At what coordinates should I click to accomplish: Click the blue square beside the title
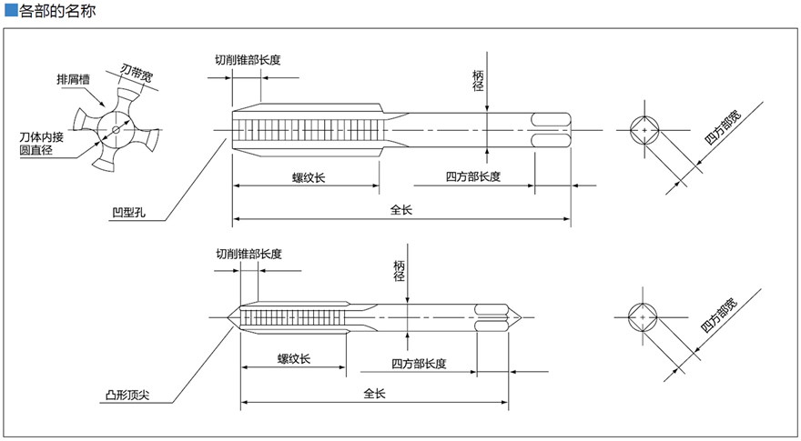coord(10,11)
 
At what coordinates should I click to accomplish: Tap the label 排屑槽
coord(72,79)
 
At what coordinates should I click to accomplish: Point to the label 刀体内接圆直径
coord(36,144)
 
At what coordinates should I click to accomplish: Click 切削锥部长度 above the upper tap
coord(247,60)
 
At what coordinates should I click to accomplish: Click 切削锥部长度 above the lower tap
coord(248,254)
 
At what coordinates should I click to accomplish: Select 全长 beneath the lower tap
coord(375,394)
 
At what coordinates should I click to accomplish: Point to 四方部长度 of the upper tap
coord(473,176)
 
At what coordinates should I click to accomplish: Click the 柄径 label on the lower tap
coord(399,271)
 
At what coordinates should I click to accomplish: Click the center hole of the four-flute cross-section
coord(116,129)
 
